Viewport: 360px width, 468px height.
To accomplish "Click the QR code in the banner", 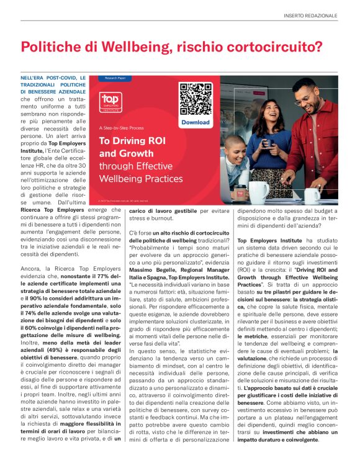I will point(195,98).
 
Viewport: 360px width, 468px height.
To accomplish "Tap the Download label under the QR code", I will point(195,123).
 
